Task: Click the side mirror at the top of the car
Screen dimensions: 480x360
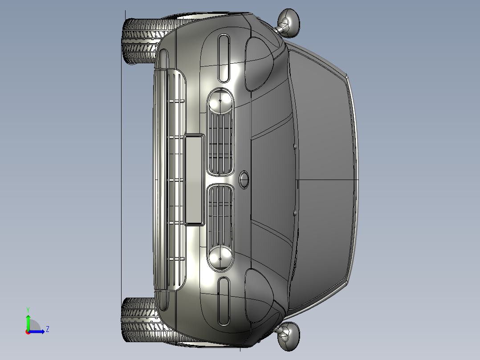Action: tap(289, 23)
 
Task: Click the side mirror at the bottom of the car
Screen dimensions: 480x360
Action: tap(289, 336)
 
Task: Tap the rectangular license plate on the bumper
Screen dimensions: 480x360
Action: tap(194, 180)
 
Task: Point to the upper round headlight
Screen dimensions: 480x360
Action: tap(220, 101)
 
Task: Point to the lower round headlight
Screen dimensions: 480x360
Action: tap(220, 258)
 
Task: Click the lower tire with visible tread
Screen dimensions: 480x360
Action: tap(144, 320)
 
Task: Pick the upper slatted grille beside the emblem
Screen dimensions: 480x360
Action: tap(220, 143)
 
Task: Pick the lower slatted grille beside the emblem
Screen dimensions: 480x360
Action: tap(220, 216)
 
